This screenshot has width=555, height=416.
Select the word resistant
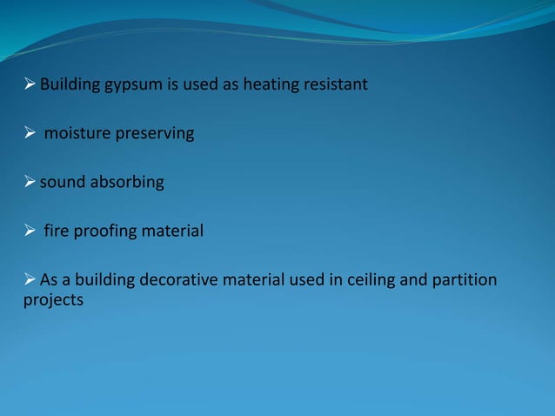tap(336, 84)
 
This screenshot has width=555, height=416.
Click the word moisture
tap(75, 134)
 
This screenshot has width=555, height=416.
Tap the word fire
tap(57, 231)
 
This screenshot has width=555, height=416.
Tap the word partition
tap(465, 280)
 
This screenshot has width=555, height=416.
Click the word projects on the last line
tap(53, 300)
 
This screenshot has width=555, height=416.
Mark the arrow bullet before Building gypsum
tap(30, 84)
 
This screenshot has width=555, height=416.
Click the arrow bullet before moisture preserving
tap(30, 134)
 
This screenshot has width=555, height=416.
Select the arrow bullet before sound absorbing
tap(30, 183)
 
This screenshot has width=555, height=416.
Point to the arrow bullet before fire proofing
tap(30, 231)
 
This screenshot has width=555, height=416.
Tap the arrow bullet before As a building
tap(30, 280)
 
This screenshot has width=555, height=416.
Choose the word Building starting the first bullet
tap(69, 84)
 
